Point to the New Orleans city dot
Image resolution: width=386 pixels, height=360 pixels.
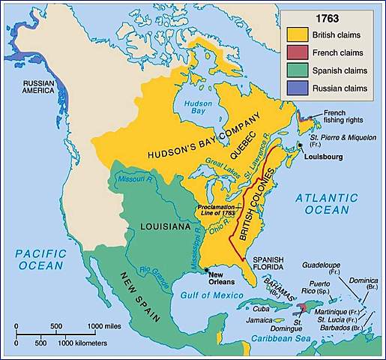[205, 268]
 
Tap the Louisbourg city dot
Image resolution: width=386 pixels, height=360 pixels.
[300, 145]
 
